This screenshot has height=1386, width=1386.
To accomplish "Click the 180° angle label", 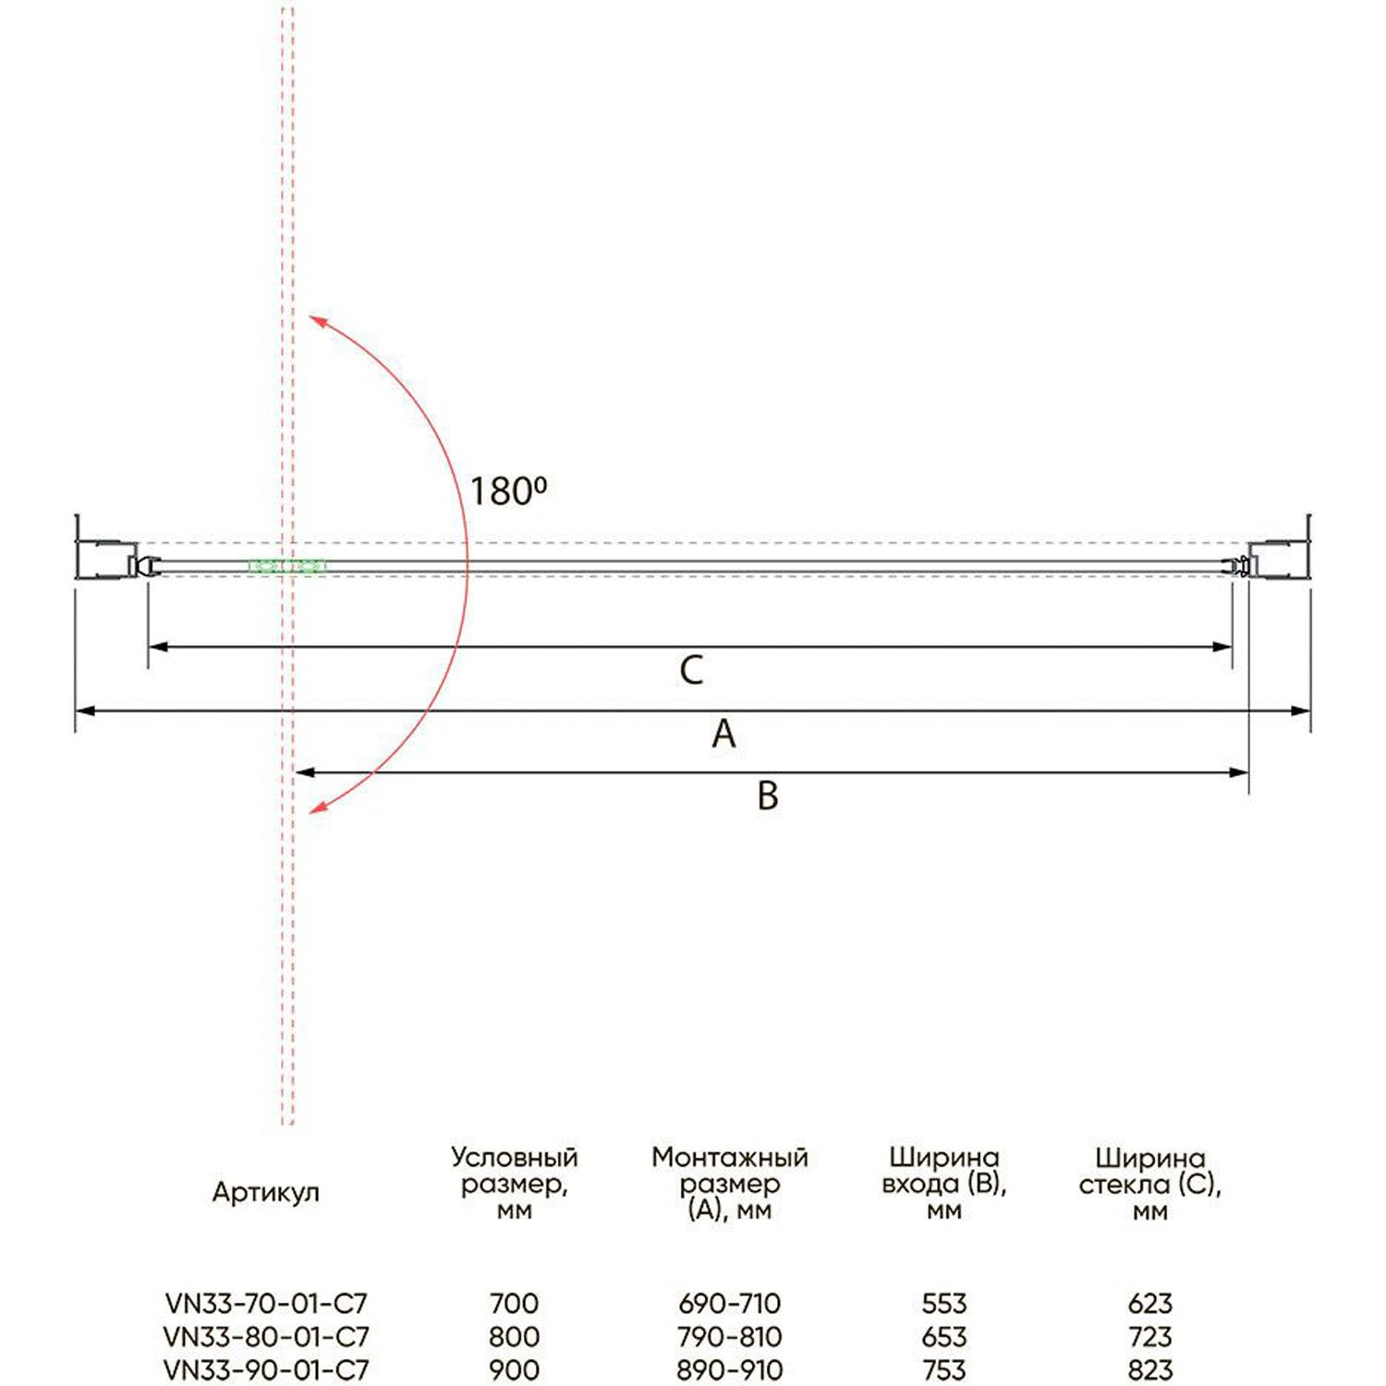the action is pos(508,491).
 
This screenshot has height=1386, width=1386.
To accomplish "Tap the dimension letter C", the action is pos(691,670).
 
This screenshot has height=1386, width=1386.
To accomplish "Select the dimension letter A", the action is pos(723,734).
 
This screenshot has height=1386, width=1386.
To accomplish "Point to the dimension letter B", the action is pos(768,796).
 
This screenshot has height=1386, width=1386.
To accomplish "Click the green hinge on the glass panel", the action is pos(286,566).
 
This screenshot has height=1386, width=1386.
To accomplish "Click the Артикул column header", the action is pos(266,1192).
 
